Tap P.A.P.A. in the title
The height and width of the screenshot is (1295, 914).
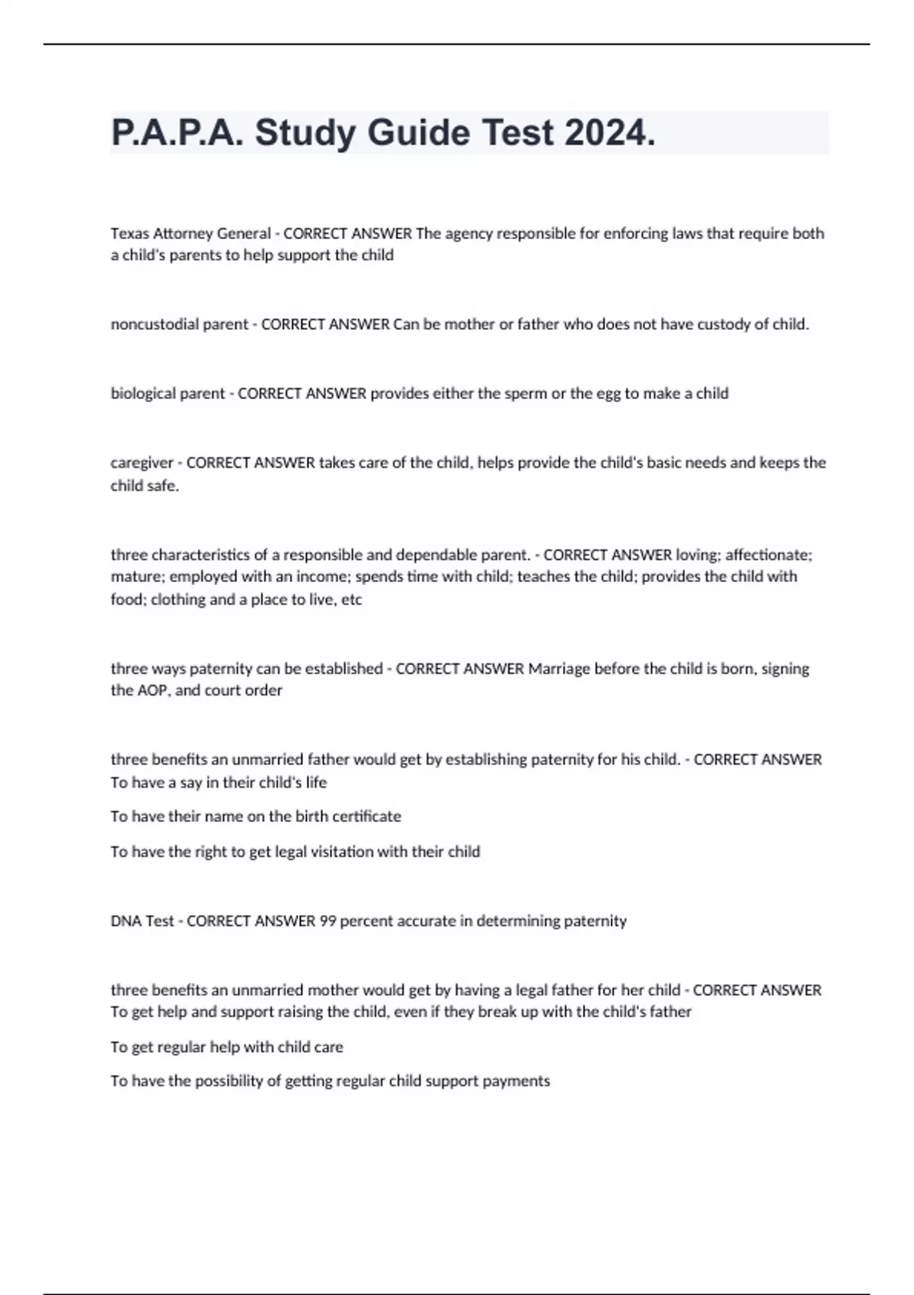click(177, 133)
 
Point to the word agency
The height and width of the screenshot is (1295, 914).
click(468, 233)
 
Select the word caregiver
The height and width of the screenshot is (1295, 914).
click(142, 462)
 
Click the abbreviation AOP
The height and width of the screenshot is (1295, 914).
click(152, 690)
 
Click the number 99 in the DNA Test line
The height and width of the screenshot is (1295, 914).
click(328, 920)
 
